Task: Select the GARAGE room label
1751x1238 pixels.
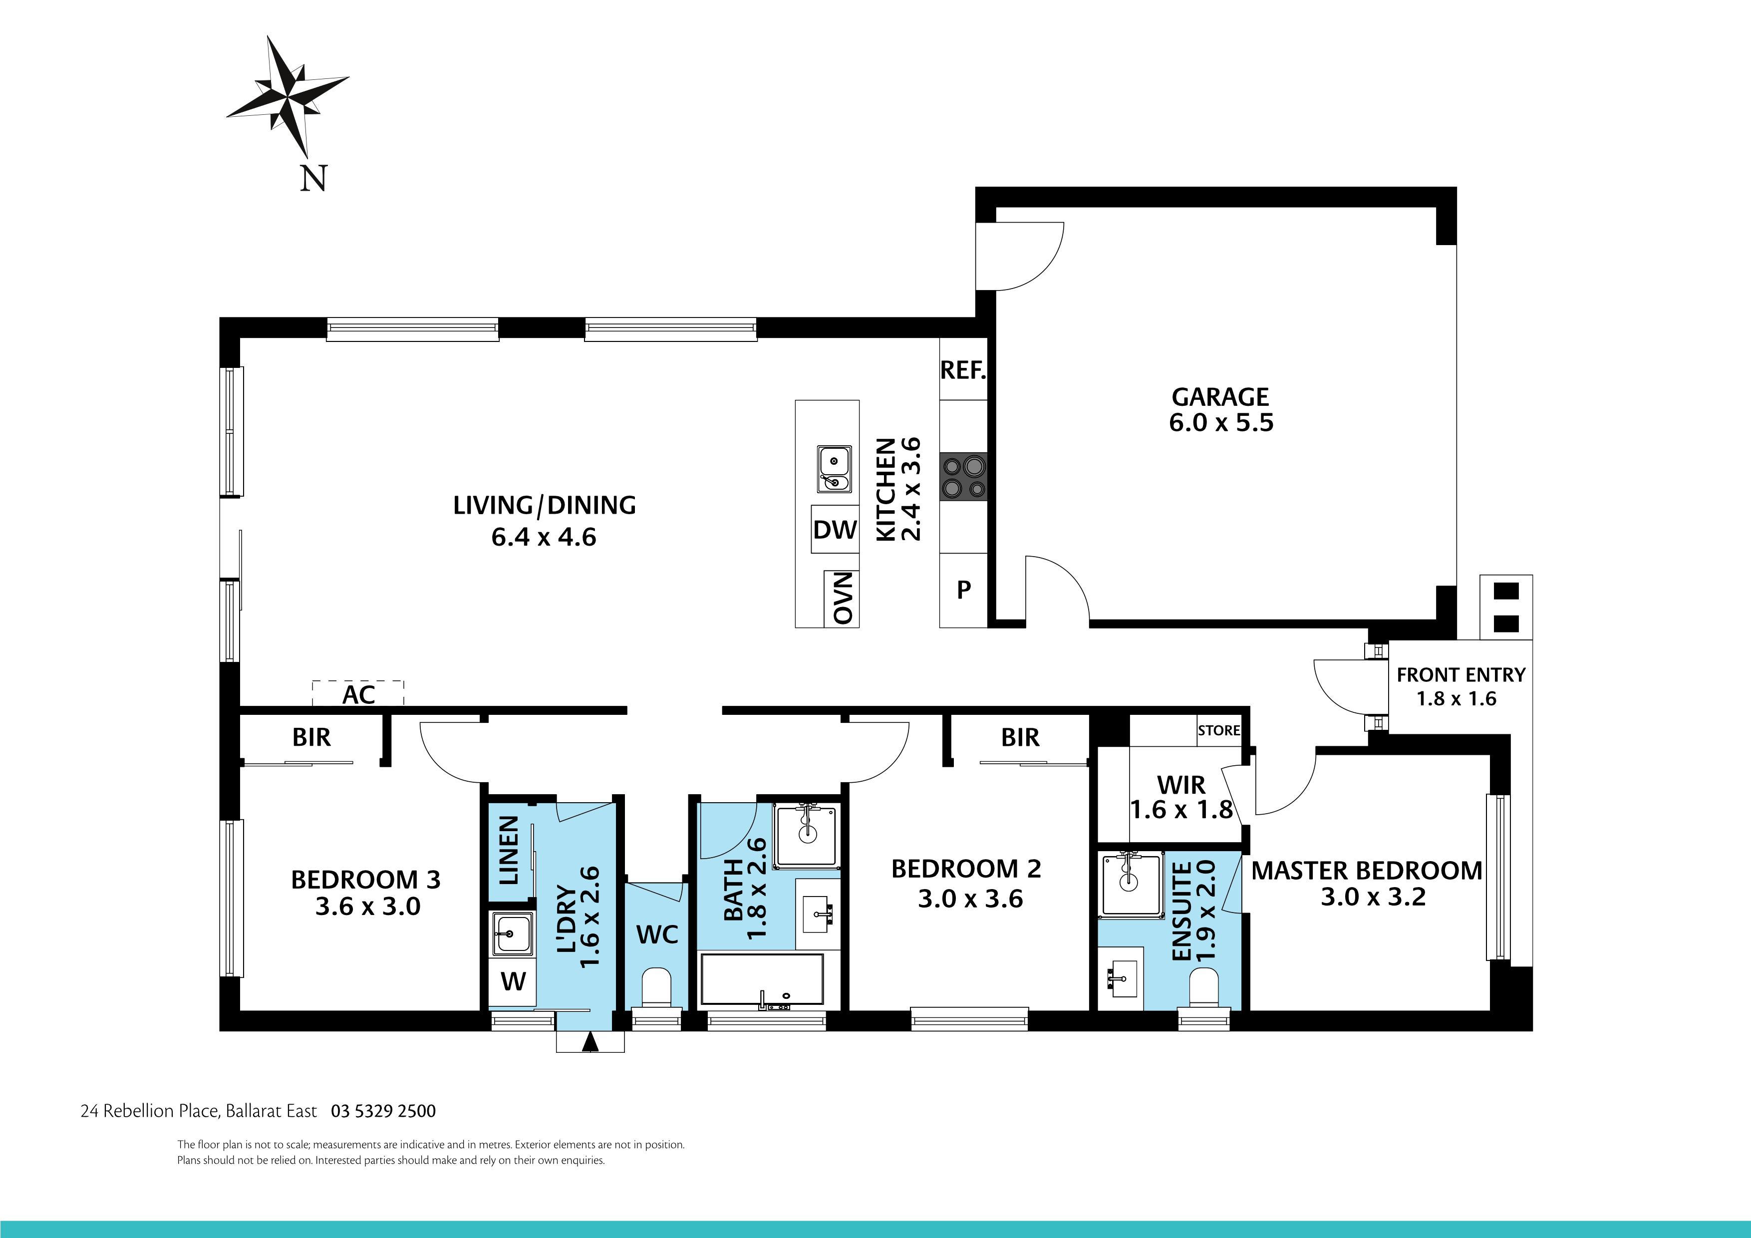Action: (x=1220, y=397)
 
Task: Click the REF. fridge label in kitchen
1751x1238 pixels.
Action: (x=963, y=371)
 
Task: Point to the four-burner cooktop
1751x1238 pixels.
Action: (x=963, y=477)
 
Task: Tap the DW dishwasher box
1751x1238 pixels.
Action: (x=834, y=529)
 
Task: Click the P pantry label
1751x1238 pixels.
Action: (x=963, y=590)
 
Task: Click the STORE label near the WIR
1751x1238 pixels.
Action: (x=1219, y=730)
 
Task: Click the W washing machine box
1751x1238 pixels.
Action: (x=513, y=981)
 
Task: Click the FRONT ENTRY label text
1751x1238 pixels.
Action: (x=1460, y=675)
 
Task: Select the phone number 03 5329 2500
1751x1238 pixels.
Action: (x=383, y=1111)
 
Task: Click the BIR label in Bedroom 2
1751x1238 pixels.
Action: (x=1020, y=738)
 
